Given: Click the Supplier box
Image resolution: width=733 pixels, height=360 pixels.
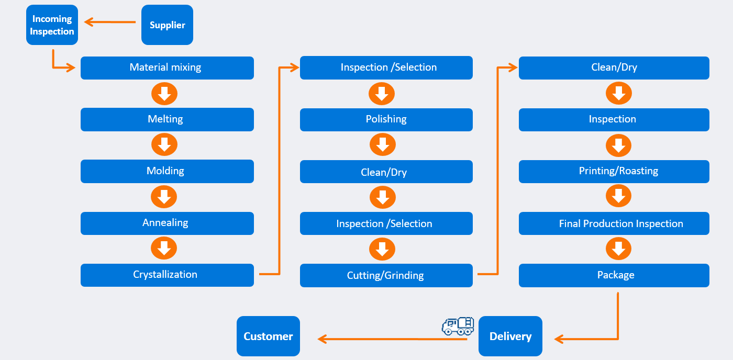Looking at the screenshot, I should [167, 25].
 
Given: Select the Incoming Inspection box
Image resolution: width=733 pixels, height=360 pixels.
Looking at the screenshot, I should [52, 25].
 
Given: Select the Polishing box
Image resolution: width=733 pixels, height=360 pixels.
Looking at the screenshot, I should [386, 119].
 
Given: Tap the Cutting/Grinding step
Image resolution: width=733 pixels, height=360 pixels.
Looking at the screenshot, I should [386, 275].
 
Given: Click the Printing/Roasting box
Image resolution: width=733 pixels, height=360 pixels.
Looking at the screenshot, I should [614, 171].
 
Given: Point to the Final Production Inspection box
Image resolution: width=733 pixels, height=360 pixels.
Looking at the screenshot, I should [614, 223].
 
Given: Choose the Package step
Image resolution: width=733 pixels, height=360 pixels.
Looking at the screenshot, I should [614, 275].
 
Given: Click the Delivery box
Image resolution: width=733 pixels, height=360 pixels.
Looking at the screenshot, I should [510, 336].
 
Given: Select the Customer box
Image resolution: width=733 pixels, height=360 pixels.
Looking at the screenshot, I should [268, 336].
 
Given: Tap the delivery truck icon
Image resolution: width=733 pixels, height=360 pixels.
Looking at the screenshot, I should [458, 326].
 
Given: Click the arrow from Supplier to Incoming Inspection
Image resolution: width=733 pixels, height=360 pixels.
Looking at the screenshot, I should [110, 22].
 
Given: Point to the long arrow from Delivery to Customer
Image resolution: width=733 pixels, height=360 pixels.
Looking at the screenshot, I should [393, 339].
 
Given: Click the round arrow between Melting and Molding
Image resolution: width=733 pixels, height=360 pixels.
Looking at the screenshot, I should [164, 145].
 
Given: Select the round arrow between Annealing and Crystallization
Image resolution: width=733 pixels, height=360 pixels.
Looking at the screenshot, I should [164, 249].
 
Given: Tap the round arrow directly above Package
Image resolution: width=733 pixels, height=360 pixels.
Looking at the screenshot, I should [619, 249].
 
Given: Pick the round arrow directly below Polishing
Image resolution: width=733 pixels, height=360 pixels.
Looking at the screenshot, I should [382, 145].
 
